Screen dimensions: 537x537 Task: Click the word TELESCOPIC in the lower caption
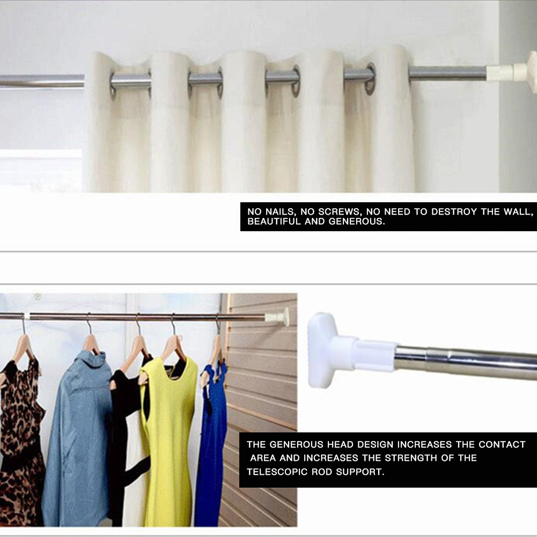(277, 472)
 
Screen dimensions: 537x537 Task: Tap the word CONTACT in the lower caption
(502, 445)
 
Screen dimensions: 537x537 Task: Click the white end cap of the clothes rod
(279, 317)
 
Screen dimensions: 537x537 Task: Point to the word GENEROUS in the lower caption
(297, 445)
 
